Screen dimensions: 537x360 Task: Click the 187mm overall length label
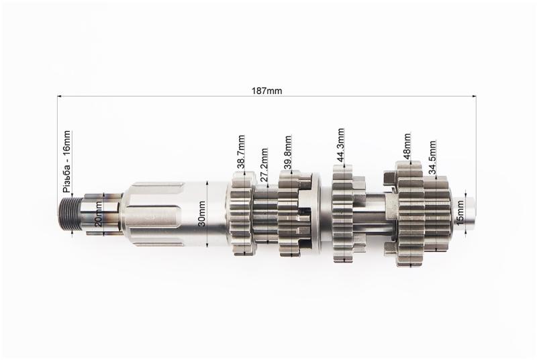(266, 91)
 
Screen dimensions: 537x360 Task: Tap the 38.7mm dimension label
(242, 152)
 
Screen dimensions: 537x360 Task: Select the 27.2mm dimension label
(264, 166)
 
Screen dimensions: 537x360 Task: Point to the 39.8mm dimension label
(288, 153)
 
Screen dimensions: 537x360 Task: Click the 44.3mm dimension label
(340, 146)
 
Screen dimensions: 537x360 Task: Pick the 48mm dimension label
(407, 146)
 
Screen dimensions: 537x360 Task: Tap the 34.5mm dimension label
(432, 158)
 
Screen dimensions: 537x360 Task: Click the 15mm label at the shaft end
(460, 212)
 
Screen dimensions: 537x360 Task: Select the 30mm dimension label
(202, 214)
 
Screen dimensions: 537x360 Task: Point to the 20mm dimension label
(98, 214)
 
